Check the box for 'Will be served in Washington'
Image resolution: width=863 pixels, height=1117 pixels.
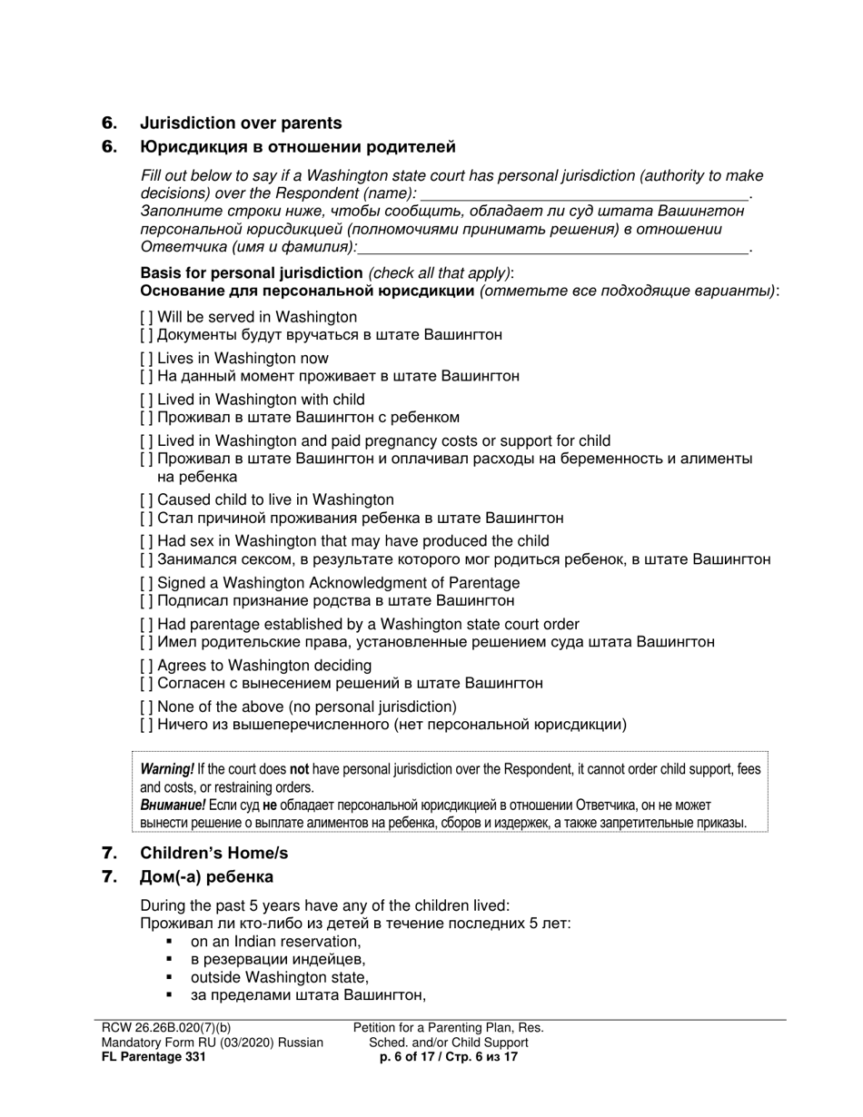coord(147,318)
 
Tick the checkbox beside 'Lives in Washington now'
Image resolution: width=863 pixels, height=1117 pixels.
coord(147,359)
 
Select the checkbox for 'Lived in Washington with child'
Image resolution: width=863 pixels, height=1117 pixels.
coord(147,400)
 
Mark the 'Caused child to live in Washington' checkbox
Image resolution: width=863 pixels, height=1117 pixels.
coord(147,499)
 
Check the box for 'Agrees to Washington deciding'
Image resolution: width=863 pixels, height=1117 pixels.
coord(147,666)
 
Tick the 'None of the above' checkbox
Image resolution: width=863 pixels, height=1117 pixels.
coord(147,707)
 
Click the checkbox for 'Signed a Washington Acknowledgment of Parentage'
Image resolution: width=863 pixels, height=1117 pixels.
coord(147,583)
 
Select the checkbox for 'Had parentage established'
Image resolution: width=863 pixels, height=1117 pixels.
coord(147,624)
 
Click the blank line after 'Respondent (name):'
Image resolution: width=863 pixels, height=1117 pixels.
coord(586,194)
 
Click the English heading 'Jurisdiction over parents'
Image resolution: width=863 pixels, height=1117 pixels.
coord(241,124)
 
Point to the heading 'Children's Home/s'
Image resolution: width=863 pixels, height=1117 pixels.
coord(213,854)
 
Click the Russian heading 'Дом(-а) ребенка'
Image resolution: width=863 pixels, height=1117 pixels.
coord(206,877)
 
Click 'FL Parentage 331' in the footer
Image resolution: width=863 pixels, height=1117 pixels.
coord(154,1057)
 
